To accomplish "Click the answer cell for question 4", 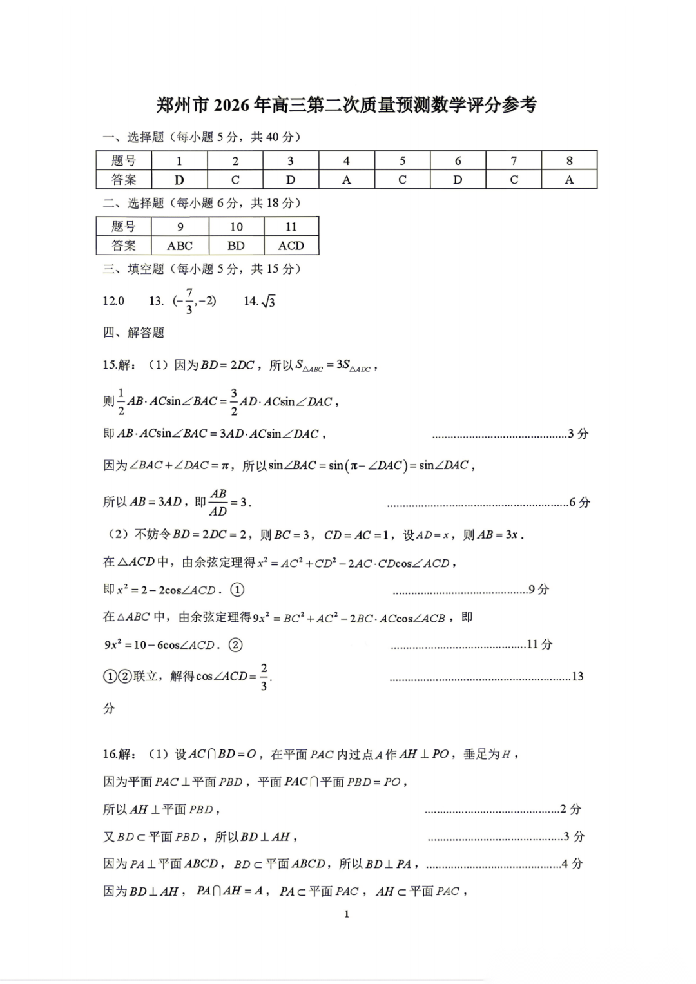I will tap(347, 180).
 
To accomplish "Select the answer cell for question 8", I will tap(569, 180).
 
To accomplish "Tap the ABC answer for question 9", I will tap(180, 246).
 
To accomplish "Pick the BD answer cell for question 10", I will tap(236, 246).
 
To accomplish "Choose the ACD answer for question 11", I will tap(291, 246).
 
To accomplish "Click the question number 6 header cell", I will tap(458, 160).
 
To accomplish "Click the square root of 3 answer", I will tap(268, 301).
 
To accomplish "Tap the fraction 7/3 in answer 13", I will tap(189, 301).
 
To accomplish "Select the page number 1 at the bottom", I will tap(347, 914).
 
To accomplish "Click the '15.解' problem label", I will tap(119, 365).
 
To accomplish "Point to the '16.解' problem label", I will tap(119, 754).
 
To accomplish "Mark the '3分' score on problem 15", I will tap(578, 434).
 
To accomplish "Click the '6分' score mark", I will tap(579, 502).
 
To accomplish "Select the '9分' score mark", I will tap(539, 590).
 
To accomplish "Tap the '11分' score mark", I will tap(539, 644).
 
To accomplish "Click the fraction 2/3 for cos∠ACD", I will tap(264, 677).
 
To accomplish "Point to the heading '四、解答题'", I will tap(133, 333).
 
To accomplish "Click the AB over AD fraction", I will tap(218, 502).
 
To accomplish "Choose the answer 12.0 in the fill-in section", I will tap(113, 301).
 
